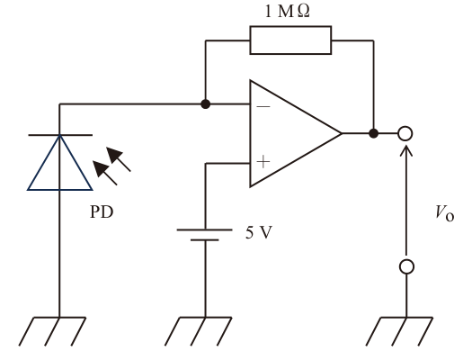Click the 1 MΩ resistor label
pos(287,12)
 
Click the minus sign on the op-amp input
pos(263,106)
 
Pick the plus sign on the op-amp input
pos(263,162)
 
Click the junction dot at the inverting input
pos(205,104)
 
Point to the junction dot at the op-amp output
pos(374,133)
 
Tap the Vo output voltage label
pos(445,213)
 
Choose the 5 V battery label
pos(259,232)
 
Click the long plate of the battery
pos(205,229)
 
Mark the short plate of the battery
pos(205,240)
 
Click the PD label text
pos(102,211)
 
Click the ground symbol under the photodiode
pos(52,331)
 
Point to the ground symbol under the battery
pos(198,331)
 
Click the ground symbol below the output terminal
pos(399,331)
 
